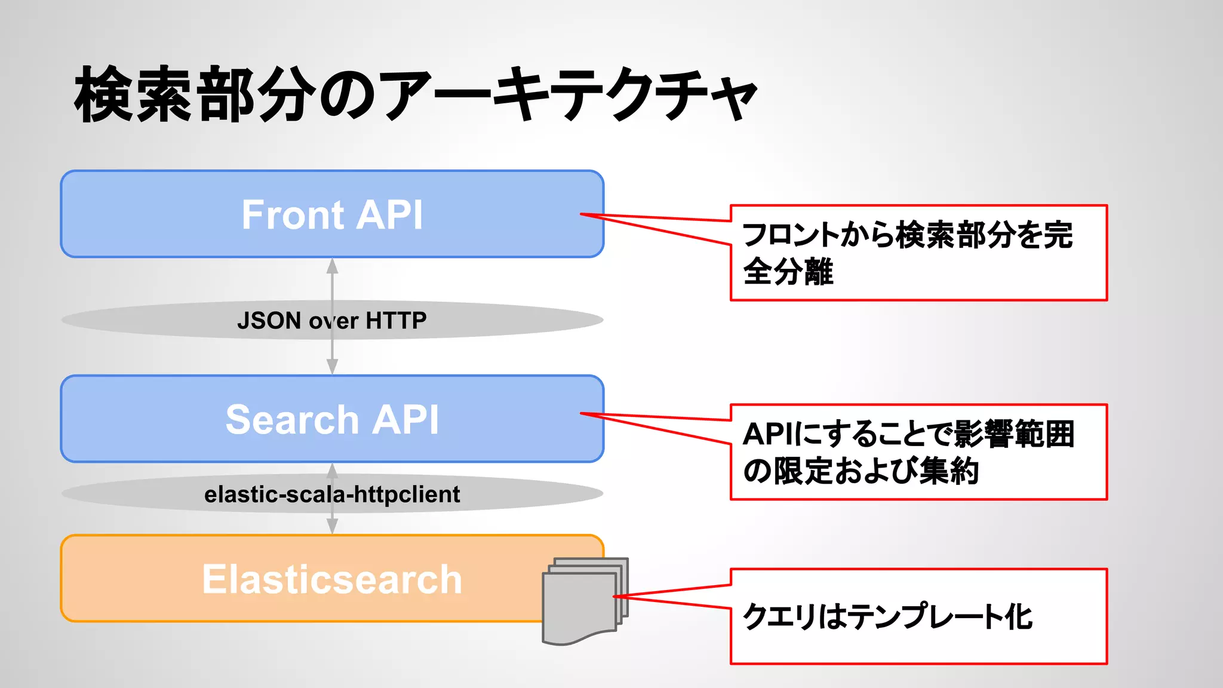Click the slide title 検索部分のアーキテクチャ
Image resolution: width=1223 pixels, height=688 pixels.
point(416,94)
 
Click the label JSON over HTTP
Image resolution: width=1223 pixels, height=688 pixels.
point(332,321)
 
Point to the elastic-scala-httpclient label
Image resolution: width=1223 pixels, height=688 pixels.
point(332,494)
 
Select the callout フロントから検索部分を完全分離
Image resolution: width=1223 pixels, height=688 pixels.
point(918,253)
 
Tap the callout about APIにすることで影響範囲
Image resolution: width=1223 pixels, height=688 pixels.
point(918,452)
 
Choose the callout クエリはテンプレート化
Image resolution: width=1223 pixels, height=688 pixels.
point(918,616)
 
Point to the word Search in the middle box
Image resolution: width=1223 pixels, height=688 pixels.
point(291,419)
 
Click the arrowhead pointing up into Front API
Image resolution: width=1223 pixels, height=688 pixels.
point(333,266)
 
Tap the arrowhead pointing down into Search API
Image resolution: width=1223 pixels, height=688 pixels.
point(333,367)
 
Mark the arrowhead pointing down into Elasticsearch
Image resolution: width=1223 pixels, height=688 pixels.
point(333,526)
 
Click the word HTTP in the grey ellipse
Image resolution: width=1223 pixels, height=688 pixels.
point(396,321)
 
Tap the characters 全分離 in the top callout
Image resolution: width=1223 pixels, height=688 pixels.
point(788,272)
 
